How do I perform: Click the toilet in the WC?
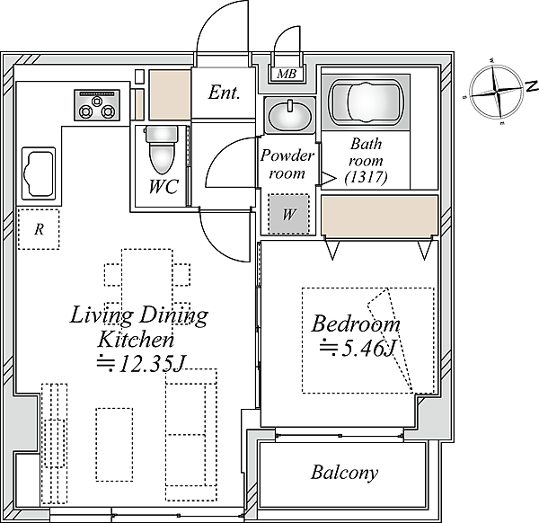(162, 149)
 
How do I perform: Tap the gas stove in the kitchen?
(97, 105)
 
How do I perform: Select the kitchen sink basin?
(39, 173)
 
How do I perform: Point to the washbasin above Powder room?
(289, 116)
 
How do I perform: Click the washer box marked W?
(288, 214)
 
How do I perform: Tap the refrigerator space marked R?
(39, 229)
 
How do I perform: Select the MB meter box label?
(287, 74)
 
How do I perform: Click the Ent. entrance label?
(224, 93)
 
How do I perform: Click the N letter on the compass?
(532, 86)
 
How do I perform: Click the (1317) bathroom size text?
(367, 177)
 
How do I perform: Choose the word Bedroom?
(356, 324)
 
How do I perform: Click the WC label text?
(163, 187)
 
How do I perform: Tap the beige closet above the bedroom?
(379, 216)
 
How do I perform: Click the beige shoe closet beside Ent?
(170, 94)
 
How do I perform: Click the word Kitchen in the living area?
(136, 340)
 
